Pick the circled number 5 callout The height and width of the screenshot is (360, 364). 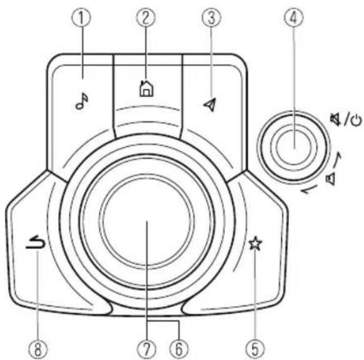(255, 349)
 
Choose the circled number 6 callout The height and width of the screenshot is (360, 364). (179, 349)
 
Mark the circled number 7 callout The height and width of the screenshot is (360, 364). (146, 349)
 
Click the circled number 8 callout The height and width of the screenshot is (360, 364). (38, 349)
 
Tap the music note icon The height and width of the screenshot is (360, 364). (82, 101)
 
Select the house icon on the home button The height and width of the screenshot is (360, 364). (146, 88)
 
